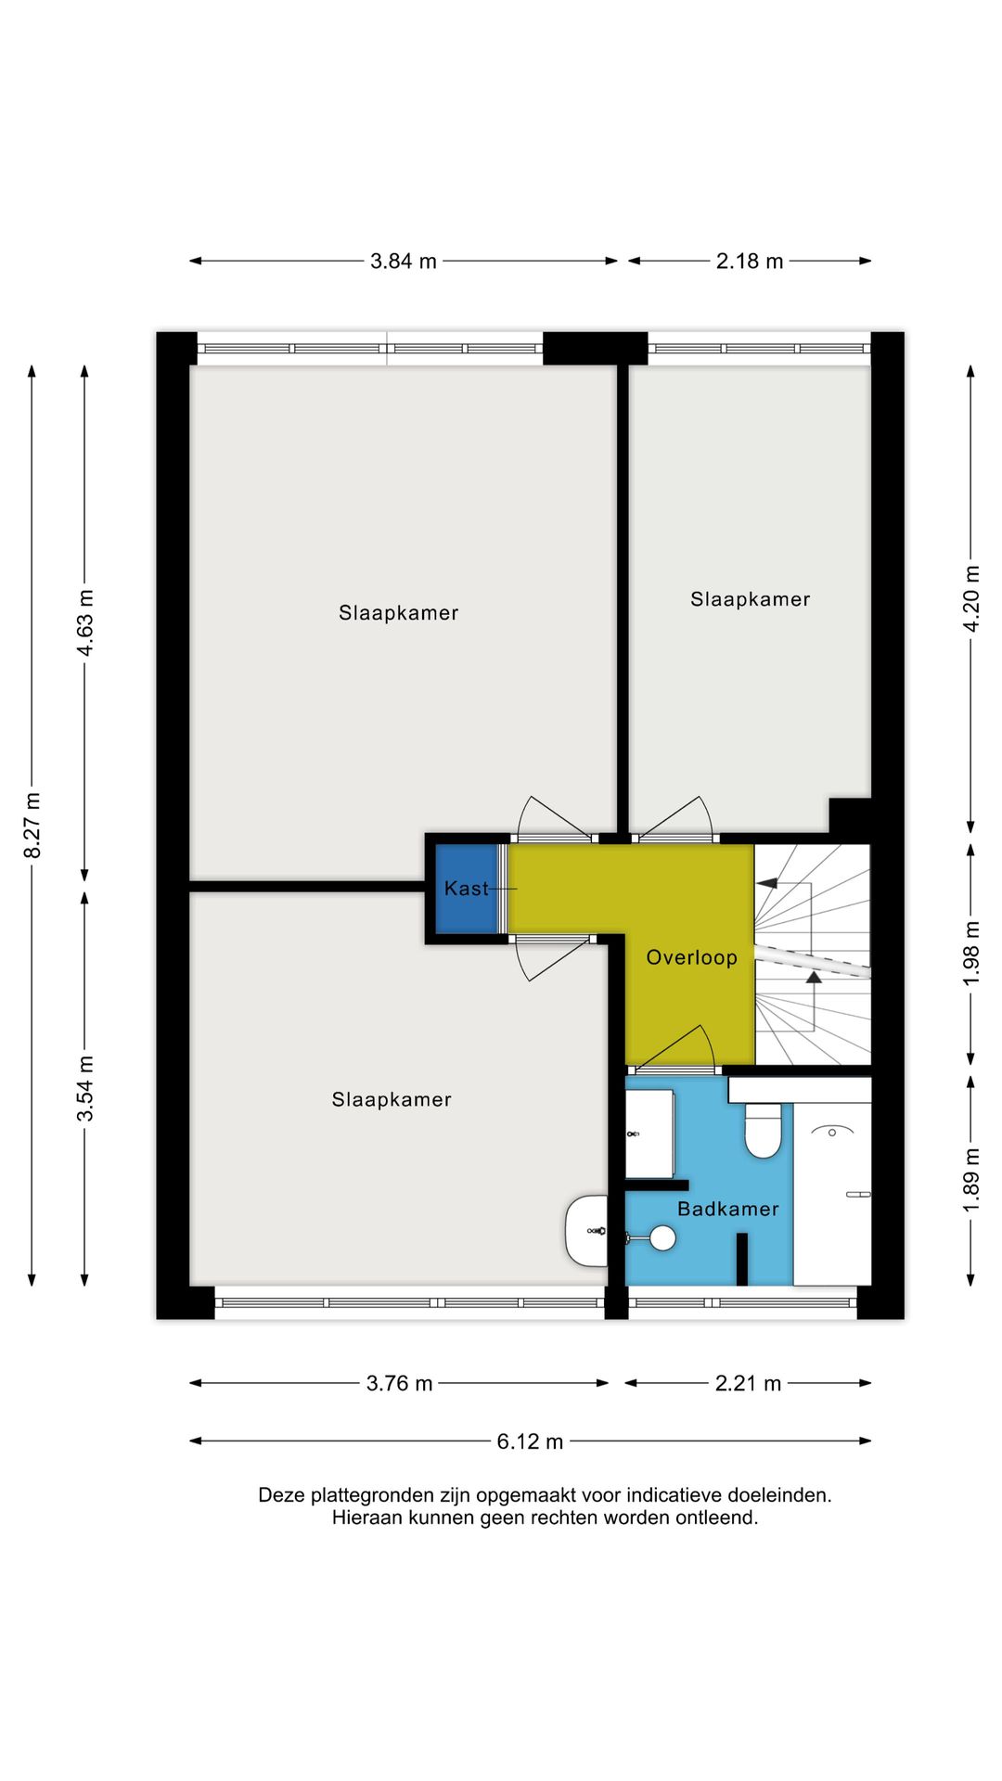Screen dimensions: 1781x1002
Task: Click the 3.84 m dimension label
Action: tap(403, 262)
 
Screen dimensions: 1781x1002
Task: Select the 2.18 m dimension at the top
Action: tap(749, 262)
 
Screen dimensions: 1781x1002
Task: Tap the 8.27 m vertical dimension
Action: tap(32, 825)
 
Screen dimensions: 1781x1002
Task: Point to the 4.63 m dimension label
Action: tap(85, 622)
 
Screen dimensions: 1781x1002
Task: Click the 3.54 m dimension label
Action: tap(85, 1088)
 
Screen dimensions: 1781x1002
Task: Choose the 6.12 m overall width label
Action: tap(530, 1441)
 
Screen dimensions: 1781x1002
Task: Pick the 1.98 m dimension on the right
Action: tap(971, 954)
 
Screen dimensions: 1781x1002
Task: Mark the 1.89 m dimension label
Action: tap(971, 1180)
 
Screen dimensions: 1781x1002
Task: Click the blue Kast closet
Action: tap(466, 889)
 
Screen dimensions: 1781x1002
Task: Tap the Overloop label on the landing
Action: tap(691, 957)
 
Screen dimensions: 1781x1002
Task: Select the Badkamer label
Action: tap(727, 1209)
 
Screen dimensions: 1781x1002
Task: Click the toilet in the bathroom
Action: tap(763, 1133)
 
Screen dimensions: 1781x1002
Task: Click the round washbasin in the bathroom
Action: tap(662, 1237)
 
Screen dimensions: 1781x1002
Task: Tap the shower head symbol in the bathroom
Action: tap(832, 1132)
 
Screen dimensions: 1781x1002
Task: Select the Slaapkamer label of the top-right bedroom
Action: tap(750, 599)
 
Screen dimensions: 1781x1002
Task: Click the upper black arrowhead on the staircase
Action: tap(767, 883)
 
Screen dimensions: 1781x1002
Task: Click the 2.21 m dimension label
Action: tap(748, 1384)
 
